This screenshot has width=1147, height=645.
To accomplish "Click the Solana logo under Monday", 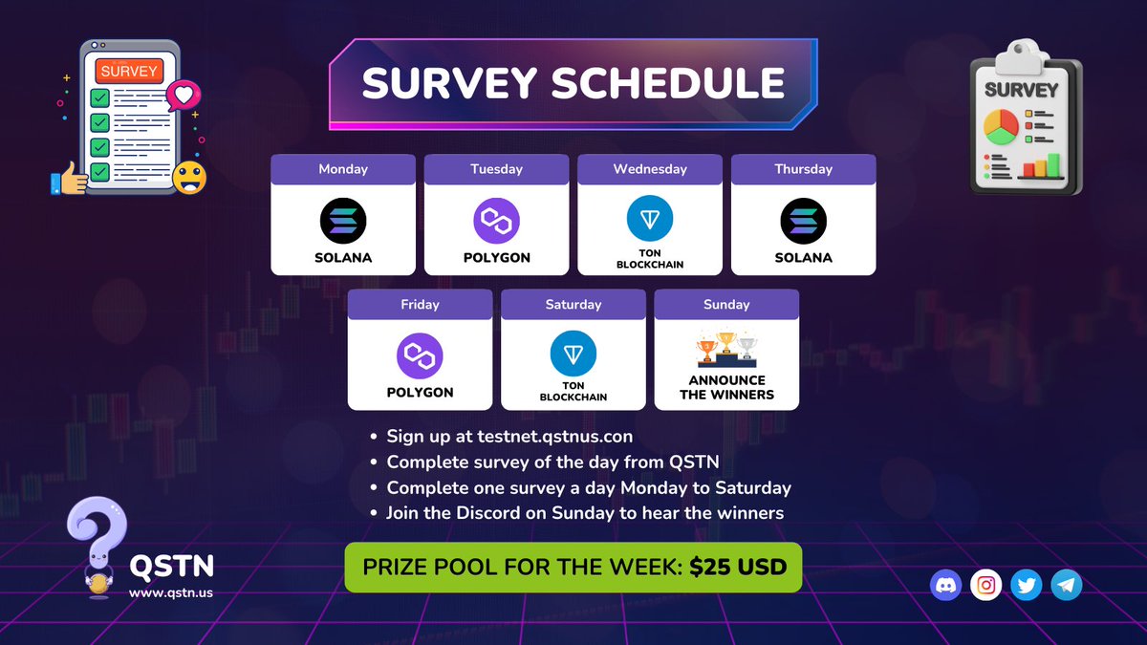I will [x=343, y=221].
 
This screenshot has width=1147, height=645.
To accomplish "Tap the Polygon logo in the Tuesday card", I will [x=496, y=221].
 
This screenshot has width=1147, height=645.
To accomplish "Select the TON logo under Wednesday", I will [x=650, y=219].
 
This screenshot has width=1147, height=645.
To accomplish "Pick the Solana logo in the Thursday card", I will [x=804, y=221].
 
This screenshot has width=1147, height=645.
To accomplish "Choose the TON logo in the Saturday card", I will [x=573, y=355].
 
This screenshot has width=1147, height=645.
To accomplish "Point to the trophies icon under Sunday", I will [x=726, y=350].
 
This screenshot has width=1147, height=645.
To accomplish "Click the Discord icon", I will [x=945, y=585].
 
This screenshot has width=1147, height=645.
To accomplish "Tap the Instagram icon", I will [x=986, y=585].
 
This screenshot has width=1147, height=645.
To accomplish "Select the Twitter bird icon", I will [x=1027, y=585].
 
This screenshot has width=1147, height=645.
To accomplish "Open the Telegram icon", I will [x=1067, y=585].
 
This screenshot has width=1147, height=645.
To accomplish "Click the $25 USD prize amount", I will [x=738, y=568].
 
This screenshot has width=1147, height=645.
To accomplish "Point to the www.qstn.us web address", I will [x=172, y=592].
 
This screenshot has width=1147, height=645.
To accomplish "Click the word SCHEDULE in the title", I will [x=669, y=84].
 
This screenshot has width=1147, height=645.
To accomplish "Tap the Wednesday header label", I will [x=650, y=169].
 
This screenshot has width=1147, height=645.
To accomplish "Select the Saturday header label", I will [x=573, y=305].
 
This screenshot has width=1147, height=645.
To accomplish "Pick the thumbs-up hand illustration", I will [x=69, y=179].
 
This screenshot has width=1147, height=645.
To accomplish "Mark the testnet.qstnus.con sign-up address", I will [x=554, y=437].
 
